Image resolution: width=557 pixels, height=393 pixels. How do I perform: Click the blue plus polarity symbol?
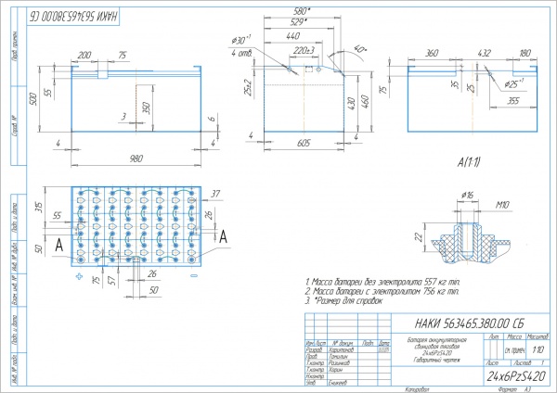point(80,277)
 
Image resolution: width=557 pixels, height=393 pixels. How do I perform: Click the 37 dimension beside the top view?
point(215,194)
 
